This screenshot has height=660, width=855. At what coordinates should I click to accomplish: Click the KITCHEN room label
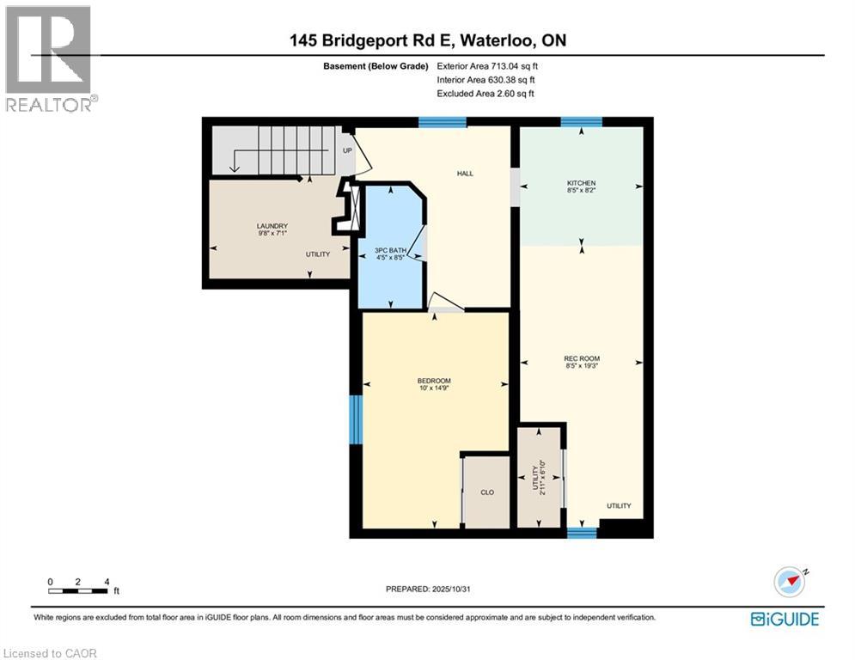click(x=581, y=184)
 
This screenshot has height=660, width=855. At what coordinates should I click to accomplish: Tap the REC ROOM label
click(x=581, y=358)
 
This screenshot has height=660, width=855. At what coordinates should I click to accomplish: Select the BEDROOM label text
click(x=434, y=381)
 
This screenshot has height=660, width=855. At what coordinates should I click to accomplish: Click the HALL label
click(x=465, y=174)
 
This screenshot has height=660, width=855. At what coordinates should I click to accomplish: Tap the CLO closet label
click(x=486, y=492)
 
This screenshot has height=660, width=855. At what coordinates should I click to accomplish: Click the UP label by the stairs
click(x=347, y=150)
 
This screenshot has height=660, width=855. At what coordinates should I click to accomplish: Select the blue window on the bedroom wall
click(x=356, y=419)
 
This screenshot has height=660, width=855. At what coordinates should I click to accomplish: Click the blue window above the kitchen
click(x=581, y=122)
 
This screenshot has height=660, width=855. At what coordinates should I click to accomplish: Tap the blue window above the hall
click(x=443, y=122)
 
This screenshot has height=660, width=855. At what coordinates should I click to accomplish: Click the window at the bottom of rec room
click(x=582, y=533)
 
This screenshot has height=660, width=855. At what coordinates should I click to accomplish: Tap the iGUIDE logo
click(x=785, y=619)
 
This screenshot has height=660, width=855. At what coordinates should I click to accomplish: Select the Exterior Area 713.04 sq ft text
click(x=489, y=66)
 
